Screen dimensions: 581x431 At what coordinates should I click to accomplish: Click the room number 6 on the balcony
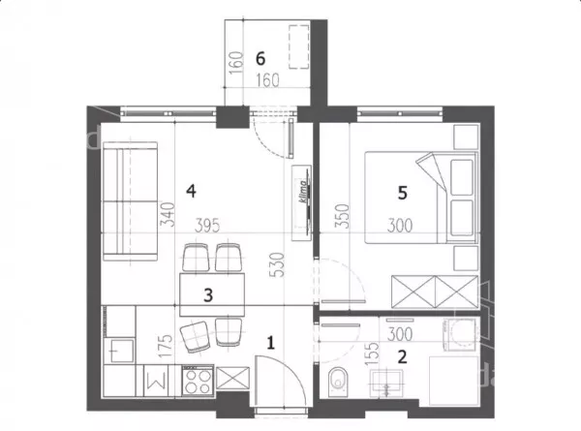[x=260, y=58]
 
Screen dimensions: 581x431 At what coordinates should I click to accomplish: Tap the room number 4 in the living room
[x=191, y=191]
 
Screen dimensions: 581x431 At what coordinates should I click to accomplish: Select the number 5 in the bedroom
[x=403, y=193]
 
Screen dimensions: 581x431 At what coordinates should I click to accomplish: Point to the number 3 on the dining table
[x=208, y=295]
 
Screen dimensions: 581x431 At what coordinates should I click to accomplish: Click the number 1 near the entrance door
[x=271, y=343]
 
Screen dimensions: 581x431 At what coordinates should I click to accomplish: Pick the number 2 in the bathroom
[x=402, y=356]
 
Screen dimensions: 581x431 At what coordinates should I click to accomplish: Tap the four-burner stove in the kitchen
[x=198, y=381]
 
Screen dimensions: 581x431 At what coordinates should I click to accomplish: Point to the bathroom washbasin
[x=386, y=383]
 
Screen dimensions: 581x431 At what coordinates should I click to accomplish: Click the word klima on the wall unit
[x=304, y=191]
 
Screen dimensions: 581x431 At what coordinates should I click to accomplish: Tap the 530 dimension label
[x=278, y=264]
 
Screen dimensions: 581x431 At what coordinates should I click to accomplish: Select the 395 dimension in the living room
[x=207, y=226]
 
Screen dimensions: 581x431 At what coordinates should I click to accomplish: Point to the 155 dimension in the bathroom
[x=373, y=354]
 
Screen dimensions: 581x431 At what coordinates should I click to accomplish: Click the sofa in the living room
[x=130, y=201]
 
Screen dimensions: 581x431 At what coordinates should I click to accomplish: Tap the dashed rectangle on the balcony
[x=298, y=46]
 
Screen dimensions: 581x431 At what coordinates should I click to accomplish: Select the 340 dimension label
[x=167, y=214]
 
